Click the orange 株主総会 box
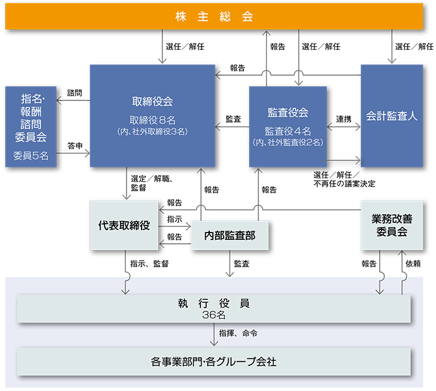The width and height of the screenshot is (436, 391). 214,16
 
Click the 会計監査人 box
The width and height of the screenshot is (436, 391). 392,116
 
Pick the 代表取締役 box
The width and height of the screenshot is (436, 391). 124,225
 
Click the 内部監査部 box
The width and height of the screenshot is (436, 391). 229,236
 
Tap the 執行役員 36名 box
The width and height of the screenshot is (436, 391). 214,308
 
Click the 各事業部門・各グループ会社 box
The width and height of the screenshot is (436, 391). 214,363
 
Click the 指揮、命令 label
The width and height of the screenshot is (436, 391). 238,332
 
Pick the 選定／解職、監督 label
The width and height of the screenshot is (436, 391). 151,183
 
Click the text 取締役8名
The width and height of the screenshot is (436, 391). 152,120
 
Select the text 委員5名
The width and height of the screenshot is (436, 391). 31,155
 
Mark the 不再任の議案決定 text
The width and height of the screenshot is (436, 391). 344,184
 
